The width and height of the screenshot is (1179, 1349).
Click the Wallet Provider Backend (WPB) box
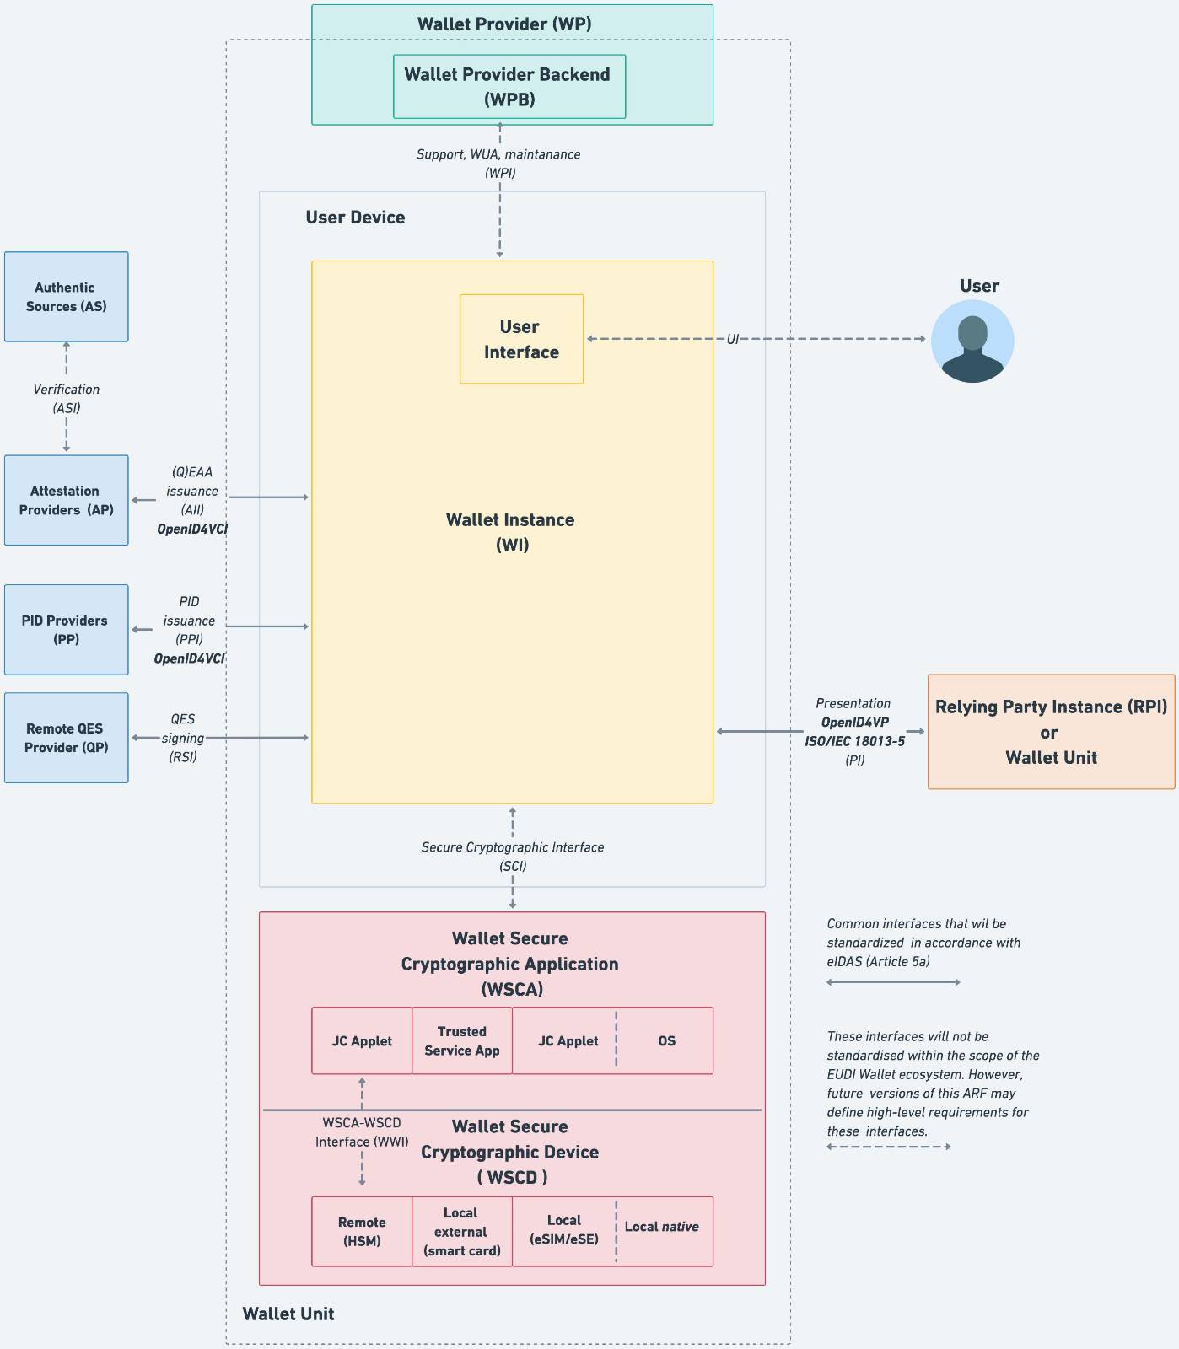point(509,87)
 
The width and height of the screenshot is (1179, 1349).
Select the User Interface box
point(521,339)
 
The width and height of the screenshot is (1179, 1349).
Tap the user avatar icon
point(972,342)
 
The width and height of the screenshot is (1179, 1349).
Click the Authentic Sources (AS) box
point(67,297)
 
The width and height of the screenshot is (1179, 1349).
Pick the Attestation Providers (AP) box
point(67,500)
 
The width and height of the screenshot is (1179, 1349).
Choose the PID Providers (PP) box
point(67,630)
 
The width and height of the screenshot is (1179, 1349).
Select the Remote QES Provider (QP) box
point(67,738)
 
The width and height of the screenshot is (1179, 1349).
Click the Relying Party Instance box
point(1051,732)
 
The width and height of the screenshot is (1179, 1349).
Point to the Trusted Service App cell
point(462,1040)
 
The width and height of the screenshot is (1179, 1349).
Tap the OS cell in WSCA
point(666,1041)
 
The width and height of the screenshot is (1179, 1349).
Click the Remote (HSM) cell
point(362,1232)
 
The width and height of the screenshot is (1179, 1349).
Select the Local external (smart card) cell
point(462,1232)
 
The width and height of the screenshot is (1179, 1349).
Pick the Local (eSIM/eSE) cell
point(563,1230)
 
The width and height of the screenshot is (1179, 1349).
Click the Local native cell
point(662,1227)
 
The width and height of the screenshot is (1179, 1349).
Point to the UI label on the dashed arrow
point(732,339)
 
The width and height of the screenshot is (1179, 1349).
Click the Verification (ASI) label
point(67,399)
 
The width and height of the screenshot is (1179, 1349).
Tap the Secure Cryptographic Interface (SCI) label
point(513,857)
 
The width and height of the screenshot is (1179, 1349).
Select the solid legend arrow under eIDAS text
point(893,982)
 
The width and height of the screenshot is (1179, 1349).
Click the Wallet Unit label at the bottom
point(288,1314)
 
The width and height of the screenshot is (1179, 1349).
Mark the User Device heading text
point(355,218)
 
